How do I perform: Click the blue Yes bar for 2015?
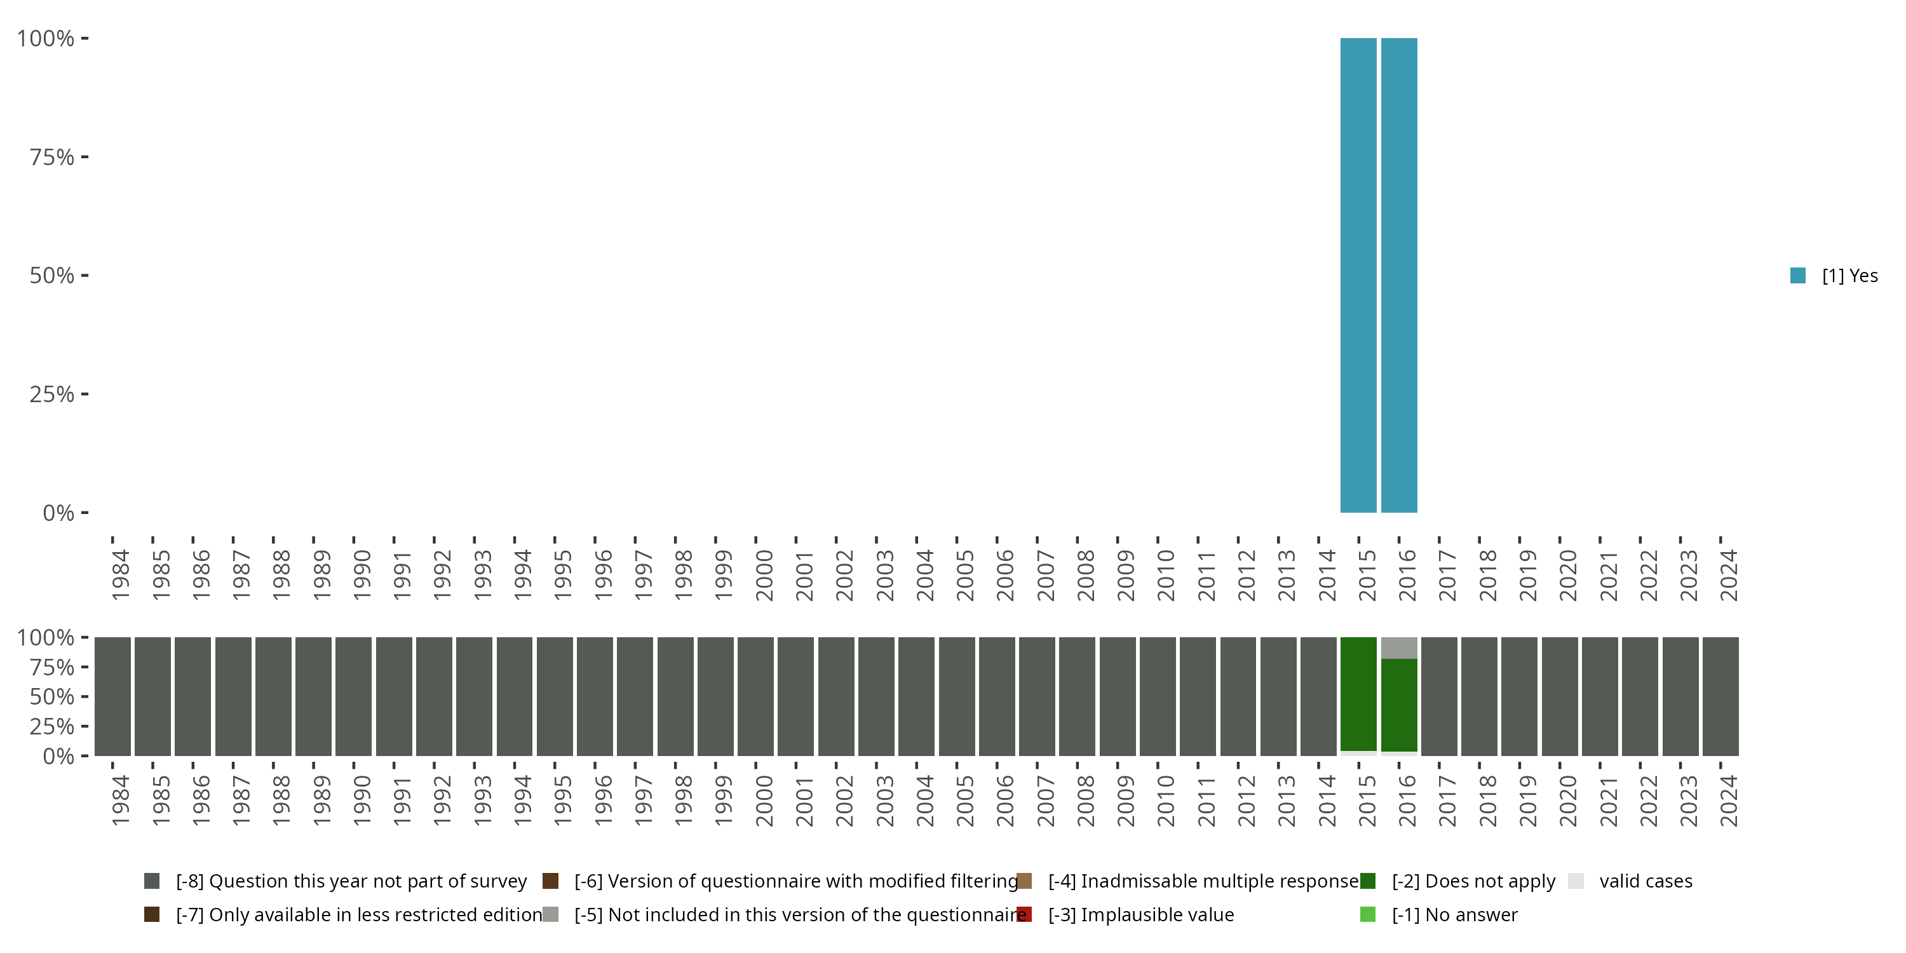pyautogui.click(x=1358, y=275)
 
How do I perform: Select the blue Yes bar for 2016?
pyautogui.click(x=1398, y=275)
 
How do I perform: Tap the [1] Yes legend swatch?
pyautogui.click(x=1797, y=276)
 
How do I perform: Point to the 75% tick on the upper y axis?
pyautogui.click(x=84, y=157)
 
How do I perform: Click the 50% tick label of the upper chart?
pyautogui.click(x=52, y=276)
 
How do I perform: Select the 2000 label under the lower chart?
pyautogui.click(x=764, y=801)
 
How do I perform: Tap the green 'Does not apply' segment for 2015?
pyautogui.click(x=1358, y=694)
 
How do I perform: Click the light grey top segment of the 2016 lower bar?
pyautogui.click(x=1398, y=647)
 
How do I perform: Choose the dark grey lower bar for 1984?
pyautogui.click(x=112, y=696)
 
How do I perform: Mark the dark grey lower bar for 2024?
pyautogui.click(x=1720, y=696)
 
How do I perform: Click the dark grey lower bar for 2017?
pyautogui.click(x=1439, y=696)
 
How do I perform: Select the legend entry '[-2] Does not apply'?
pyautogui.click(x=1473, y=881)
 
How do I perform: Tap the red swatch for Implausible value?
pyautogui.click(x=1024, y=914)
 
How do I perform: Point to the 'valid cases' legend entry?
pyautogui.click(x=1645, y=881)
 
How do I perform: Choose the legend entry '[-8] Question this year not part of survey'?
pyautogui.click(x=351, y=881)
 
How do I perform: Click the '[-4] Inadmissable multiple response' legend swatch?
pyautogui.click(x=1024, y=881)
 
